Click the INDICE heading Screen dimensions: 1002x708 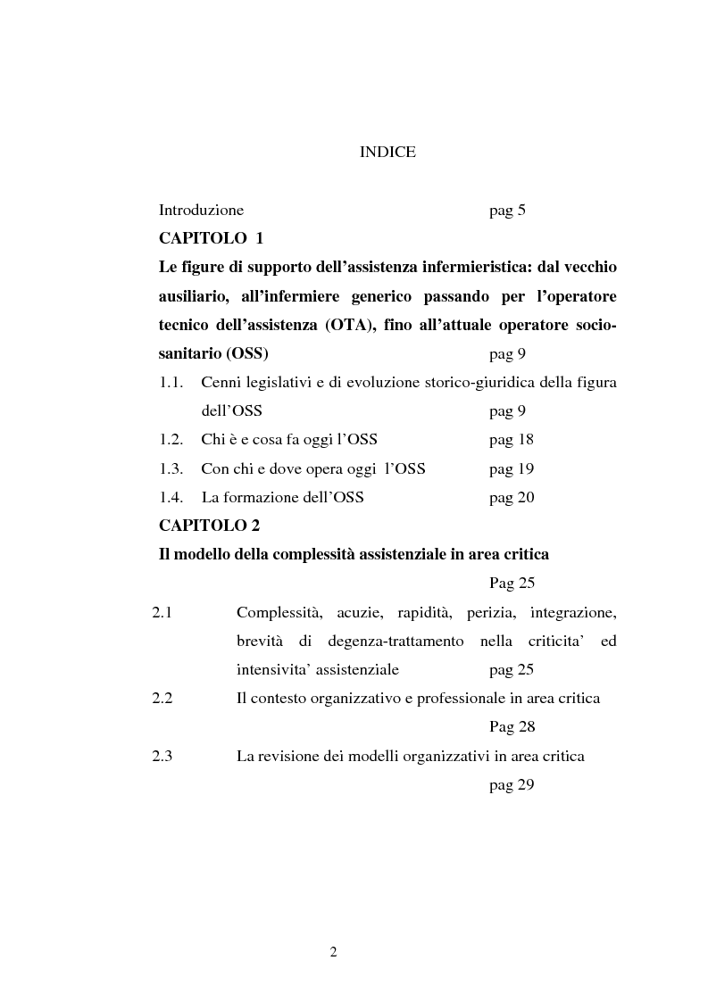click(x=387, y=153)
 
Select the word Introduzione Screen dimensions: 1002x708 click(x=201, y=211)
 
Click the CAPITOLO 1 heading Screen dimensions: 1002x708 click(x=211, y=239)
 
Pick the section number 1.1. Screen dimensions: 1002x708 click(x=171, y=383)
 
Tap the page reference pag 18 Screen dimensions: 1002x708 click(x=512, y=440)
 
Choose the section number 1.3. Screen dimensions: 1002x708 click(x=171, y=468)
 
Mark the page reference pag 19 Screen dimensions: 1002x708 click(x=512, y=468)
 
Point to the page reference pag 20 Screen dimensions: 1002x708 click(x=512, y=497)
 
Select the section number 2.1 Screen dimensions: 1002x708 click(x=162, y=612)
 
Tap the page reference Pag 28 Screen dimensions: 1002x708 click(x=512, y=726)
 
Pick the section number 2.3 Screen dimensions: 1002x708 click(x=162, y=756)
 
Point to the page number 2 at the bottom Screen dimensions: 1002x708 click(x=333, y=952)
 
